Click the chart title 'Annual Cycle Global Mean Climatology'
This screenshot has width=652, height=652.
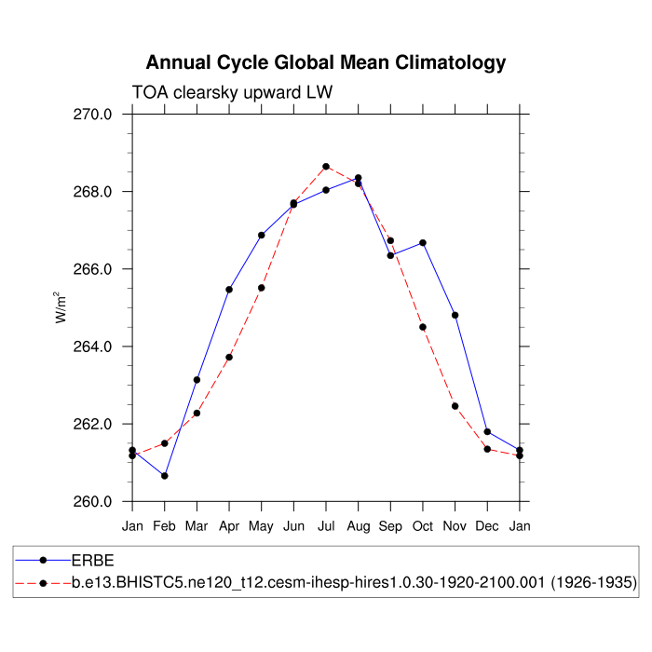[x=326, y=62]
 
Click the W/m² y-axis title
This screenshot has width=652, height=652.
[x=61, y=307]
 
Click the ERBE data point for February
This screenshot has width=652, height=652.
[x=165, y=476]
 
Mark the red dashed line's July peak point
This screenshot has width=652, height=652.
[x=326, y=167]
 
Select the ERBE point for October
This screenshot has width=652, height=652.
[x=423, y=243]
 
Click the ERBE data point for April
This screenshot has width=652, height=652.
[x=229, y=290]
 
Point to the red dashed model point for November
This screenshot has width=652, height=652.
[x=455, y=406]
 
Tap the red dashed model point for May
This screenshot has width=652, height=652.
[x=262, y=288]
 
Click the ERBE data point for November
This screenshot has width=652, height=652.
[x=455, y=315]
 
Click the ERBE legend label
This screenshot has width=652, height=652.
[x=93, y=562]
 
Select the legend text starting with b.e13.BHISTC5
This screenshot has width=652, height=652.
[x=354, y=583]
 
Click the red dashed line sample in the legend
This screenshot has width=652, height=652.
[x=43, y=583]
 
